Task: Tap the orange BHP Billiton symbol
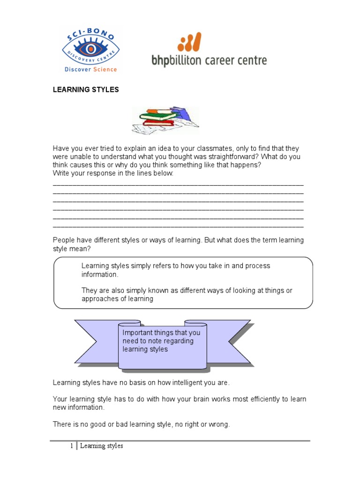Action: [190, 42]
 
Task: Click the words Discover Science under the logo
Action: [91, 69]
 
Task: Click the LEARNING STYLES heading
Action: [86, 90]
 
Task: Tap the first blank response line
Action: [178, 185]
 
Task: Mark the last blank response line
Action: [178, 227]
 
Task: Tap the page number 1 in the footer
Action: [72, 446]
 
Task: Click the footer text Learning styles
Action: [101, 446]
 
